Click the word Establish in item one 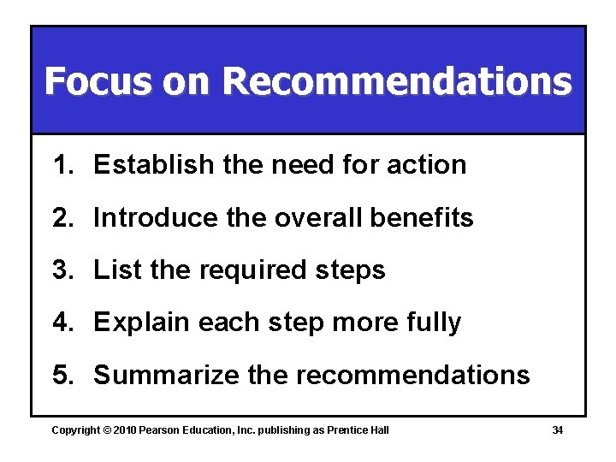[x=154, y=165]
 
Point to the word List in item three [x=117, y=270]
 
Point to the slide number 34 [x=557, y=430]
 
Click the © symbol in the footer [x=108, y=430]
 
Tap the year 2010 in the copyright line [x=125, y=430]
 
